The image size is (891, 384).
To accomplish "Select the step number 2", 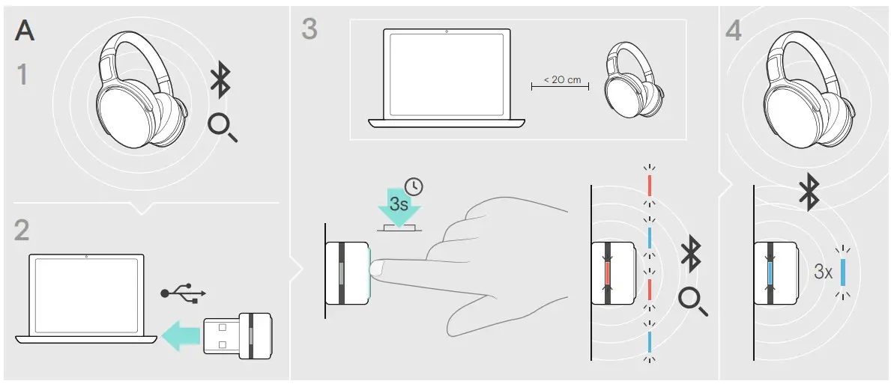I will pos(23,230).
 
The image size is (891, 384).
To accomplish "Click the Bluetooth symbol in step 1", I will pos(220,81).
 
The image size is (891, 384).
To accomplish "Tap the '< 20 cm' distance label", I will pos(561,79).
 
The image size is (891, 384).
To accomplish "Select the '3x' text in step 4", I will pos(822,272).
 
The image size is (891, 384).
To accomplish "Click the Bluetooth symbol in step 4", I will pos(808,193).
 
